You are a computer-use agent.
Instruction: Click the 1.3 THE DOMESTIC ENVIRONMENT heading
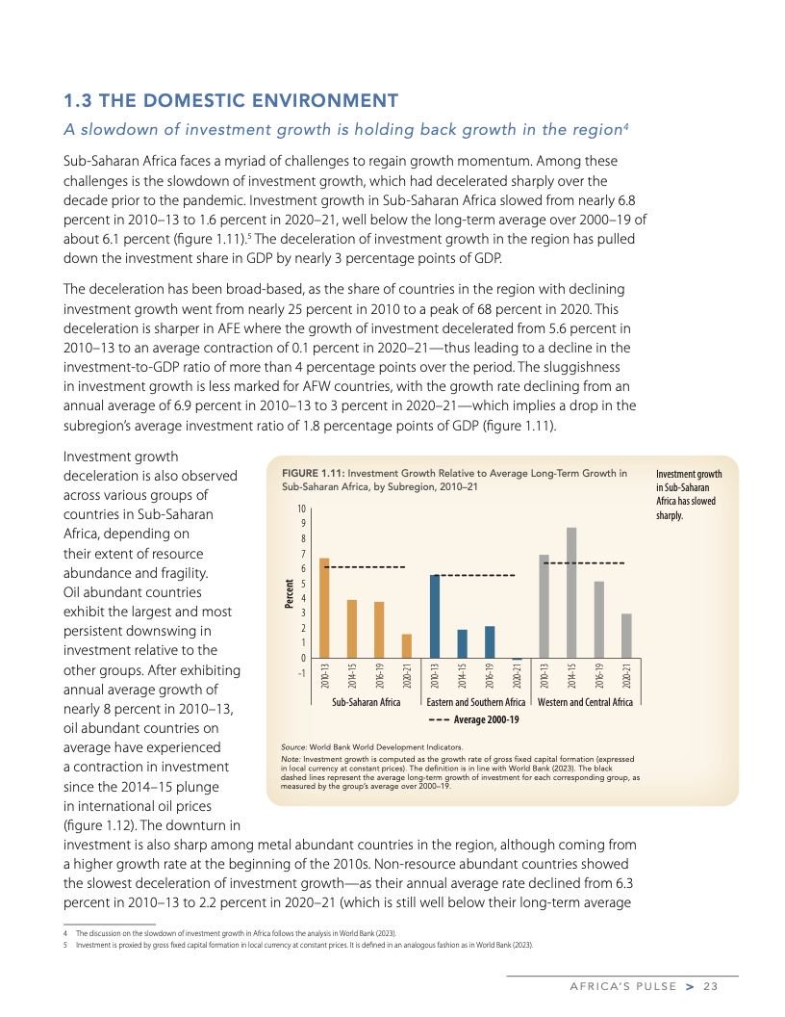(230, 100)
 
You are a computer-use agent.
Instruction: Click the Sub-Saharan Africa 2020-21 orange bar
(406, 646)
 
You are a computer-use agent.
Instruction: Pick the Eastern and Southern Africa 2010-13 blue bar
(435, 616)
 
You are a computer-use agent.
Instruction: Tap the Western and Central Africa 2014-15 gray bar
(571, 593)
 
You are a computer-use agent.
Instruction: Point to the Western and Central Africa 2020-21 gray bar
(626, 637)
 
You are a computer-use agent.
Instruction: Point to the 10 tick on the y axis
(301, 509)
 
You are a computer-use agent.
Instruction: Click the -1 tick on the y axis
(301, 672)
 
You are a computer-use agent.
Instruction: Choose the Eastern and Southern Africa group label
(476, 702)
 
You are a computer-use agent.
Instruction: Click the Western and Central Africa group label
(585, 702)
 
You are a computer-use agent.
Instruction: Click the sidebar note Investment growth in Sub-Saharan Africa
(688, 494)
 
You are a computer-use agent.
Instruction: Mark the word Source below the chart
(293, 746)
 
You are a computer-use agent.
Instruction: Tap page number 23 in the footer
(711, 985)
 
